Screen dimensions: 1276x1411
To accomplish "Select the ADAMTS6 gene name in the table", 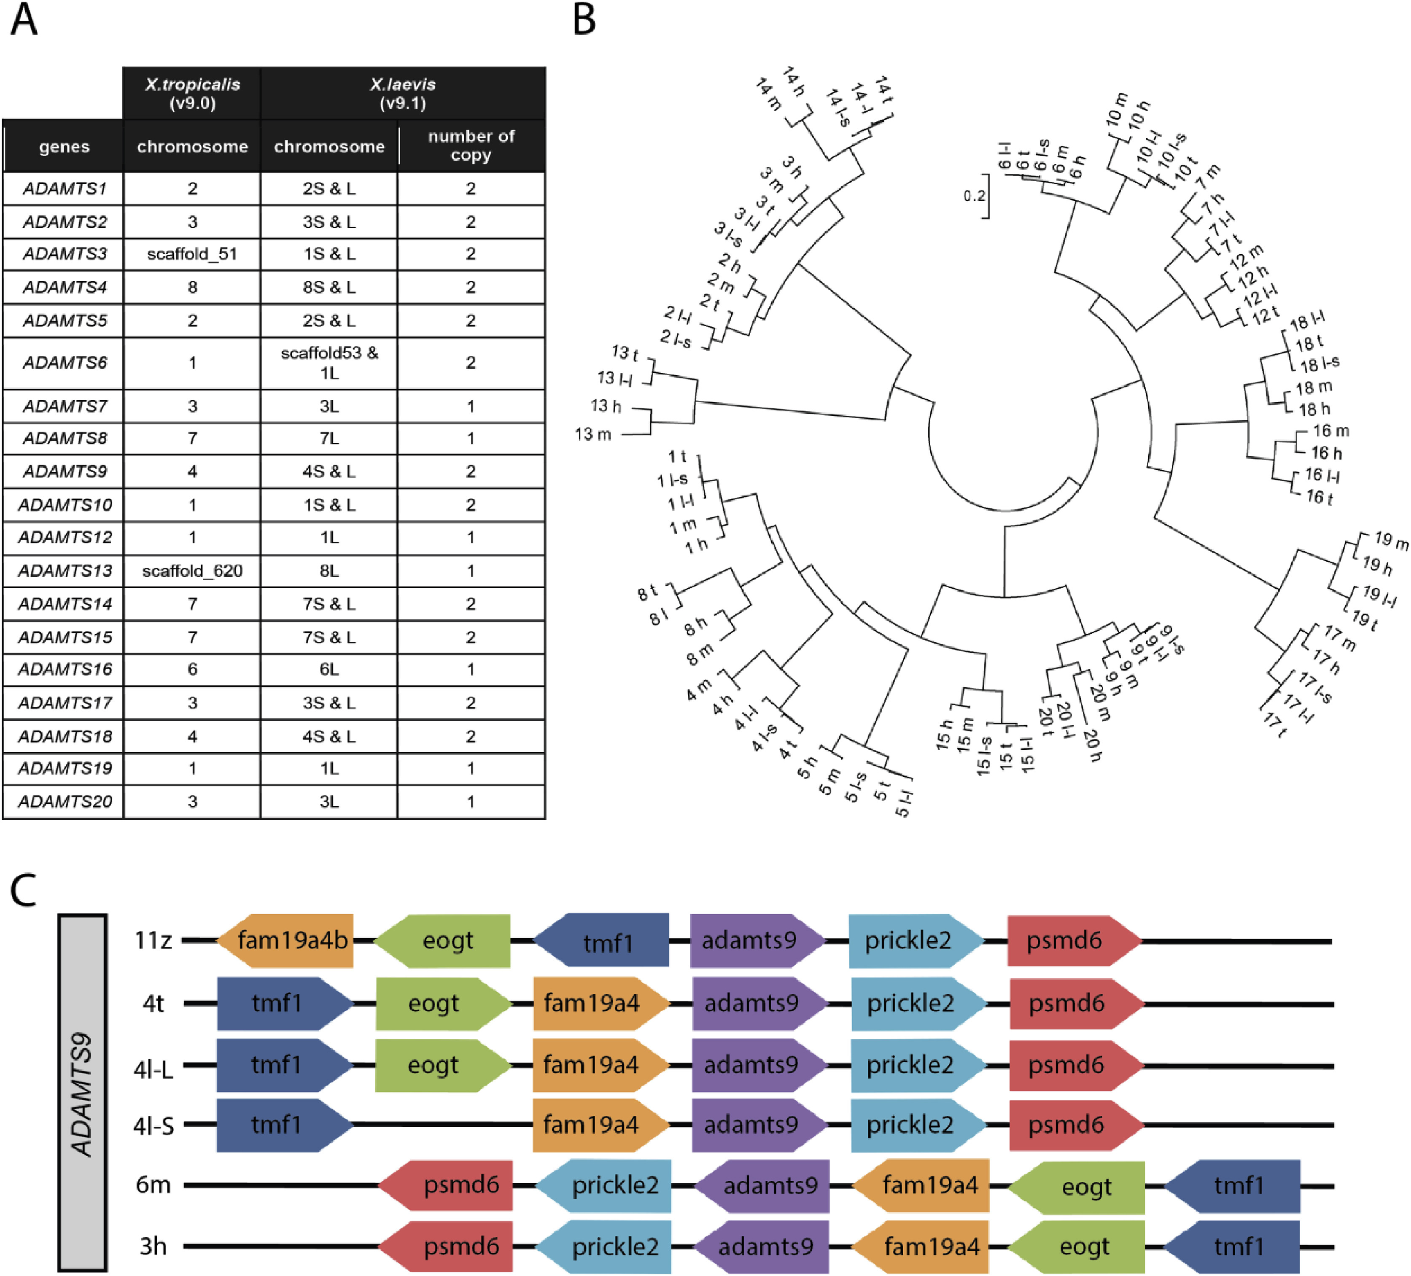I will (x=65, y=363).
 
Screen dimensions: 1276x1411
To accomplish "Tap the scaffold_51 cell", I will (x=192, y=253).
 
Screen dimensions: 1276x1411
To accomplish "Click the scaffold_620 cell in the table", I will (x=192, y=571).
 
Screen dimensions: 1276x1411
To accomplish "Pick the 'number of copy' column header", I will (x=471, y=145).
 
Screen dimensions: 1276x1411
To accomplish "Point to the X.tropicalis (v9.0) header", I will (x=192, y=93).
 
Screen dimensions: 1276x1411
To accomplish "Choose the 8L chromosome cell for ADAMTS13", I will (x=329, y=571).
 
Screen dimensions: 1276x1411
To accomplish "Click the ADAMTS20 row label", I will (x=65, y=802).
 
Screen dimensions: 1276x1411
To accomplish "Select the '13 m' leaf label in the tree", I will (x=593, y=435).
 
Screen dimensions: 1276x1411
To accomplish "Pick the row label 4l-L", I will (x=153, y=1068).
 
